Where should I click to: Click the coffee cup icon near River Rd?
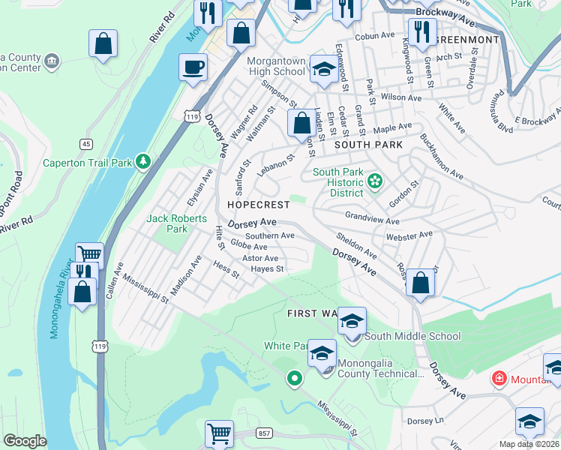pyautogui.click(x=193, y=67)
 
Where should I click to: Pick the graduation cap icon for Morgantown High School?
pyautogui.click(x=323, y=68)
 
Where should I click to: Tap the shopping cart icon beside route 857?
pyautogui.click(x=219, y=433)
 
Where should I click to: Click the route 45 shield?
pyautogui.click(x=87, y=144)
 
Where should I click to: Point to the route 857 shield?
pyautogui.click(x=263, y=433)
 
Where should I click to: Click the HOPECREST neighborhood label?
pyautogui.click(x=247, y=205)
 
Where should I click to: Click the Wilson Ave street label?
pyautogui.click(x=401, y=97)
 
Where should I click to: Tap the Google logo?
pyautogui.click(x=25, y=441)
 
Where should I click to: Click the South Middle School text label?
pyautogui.click(x=402, y=337)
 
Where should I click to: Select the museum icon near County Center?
pyautogui.click(x=51, y=61)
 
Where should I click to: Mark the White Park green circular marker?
pyautogui.click(x=295, y=379)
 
